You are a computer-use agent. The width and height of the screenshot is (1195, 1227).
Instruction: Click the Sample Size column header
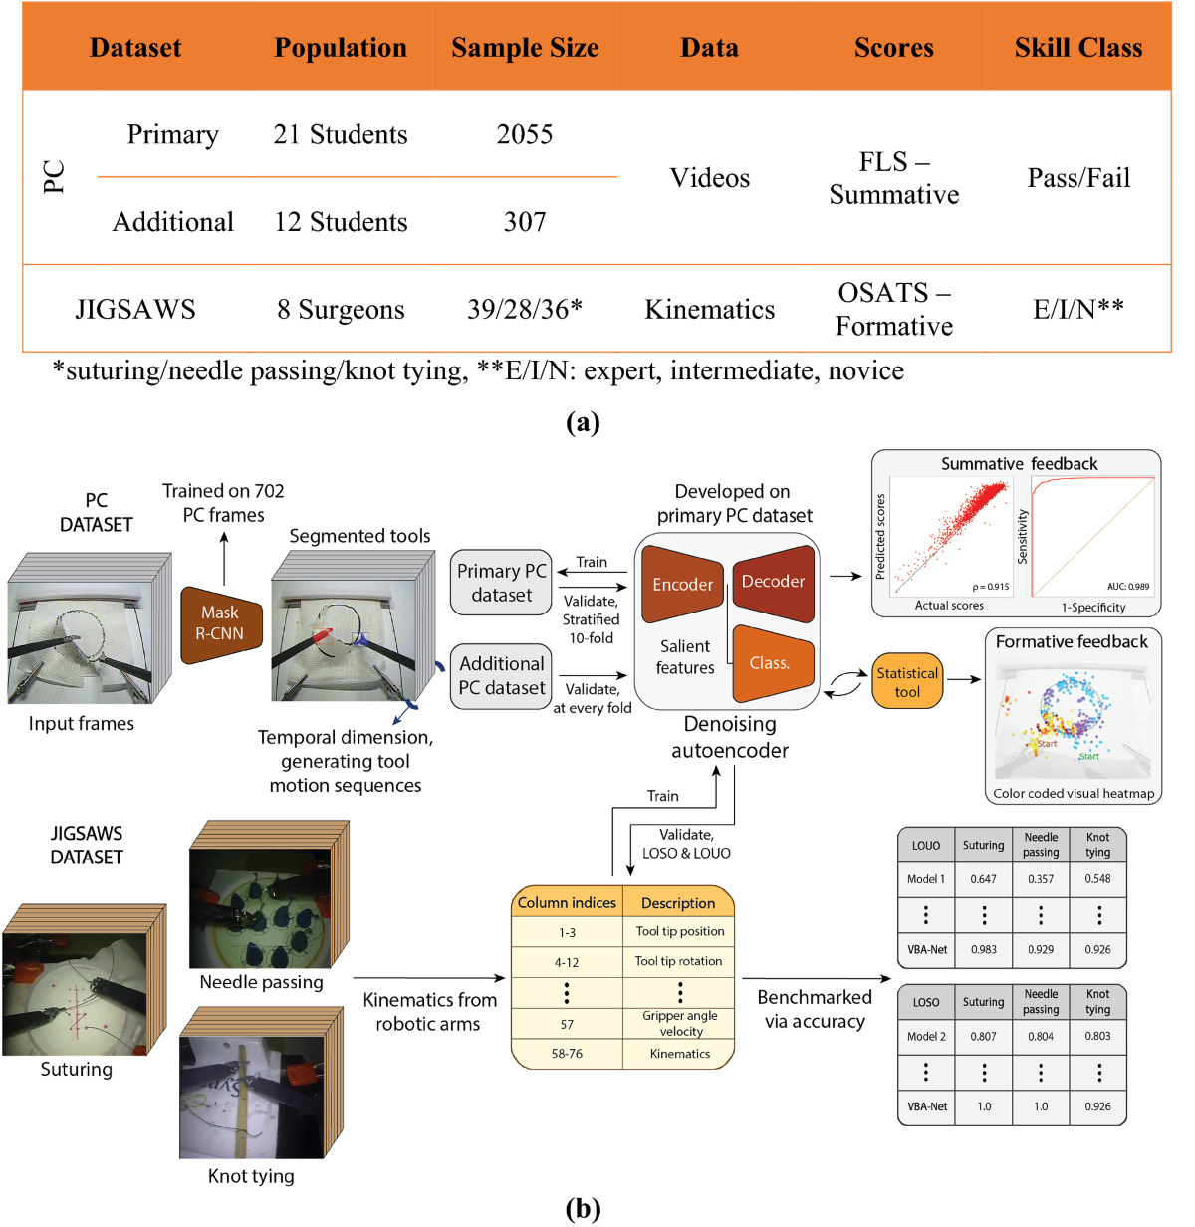[x=525, y=48]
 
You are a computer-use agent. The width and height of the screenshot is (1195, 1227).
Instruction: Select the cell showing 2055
[x=525, y=134]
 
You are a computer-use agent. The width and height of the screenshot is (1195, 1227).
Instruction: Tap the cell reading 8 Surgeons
[x=341, y=310]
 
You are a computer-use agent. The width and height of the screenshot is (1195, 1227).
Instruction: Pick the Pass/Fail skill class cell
[x=1078, y=178]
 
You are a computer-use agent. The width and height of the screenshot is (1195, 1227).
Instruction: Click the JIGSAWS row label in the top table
[x=135, y=310]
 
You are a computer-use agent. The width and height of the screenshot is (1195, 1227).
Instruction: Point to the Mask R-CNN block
[x=220, y=623]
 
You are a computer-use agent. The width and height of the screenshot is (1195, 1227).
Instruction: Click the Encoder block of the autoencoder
[x=682, y=584]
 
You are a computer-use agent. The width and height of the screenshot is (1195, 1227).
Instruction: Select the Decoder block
[x=774, y=582]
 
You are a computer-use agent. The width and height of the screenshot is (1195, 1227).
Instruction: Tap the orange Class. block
[x=771, y=663]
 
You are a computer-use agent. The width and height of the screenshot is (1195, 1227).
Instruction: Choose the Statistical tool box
[x=907, y=682]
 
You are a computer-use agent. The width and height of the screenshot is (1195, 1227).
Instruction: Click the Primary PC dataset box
[x=501, y=583]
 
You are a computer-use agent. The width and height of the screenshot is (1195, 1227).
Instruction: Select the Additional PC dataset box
[x=501, y=676]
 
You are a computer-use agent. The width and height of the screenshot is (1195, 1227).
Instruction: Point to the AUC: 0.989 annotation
[x=1128, y=587]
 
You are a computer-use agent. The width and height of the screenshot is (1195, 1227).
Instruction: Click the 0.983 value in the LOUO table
[x=983, y=950]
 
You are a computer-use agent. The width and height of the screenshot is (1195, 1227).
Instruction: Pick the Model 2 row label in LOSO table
[x=926, y=1036]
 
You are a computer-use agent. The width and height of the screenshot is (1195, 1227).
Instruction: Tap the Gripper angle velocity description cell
[x=680, y=1023]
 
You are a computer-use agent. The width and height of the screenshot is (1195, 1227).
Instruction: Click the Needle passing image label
[x=261, y=982]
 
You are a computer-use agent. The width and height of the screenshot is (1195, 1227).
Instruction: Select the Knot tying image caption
[x=251, y=1176]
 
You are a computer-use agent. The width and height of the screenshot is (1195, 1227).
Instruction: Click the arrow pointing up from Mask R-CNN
[x=224, y=558]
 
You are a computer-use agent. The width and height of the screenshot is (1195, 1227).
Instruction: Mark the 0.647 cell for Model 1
[x=983, y=879]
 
